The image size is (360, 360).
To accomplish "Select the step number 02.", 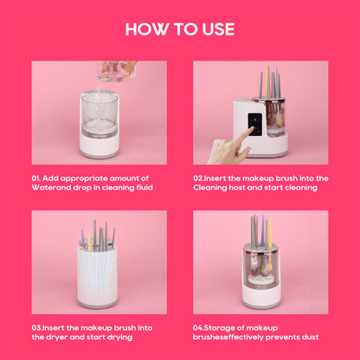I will [199, 177].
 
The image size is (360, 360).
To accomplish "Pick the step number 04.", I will [199, 327].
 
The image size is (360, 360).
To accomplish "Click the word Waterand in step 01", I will [50, 187].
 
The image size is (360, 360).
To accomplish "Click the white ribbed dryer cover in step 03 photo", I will [99, 273].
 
